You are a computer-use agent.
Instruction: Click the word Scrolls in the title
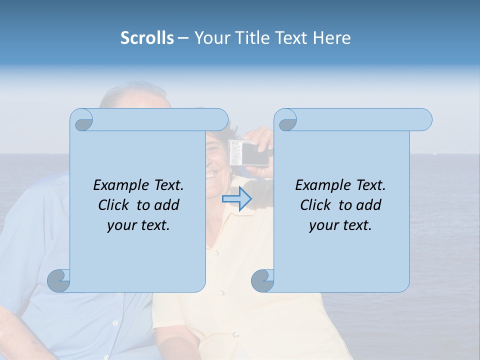click(x=147, y=37)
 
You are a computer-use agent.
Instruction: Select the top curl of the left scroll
click(x=82, y=120)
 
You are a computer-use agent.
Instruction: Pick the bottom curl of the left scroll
click(x=59, y=280)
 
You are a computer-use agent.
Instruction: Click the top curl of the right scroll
click(x=287, y=120)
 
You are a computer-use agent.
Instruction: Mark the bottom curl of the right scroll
click(x=262, y=280)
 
